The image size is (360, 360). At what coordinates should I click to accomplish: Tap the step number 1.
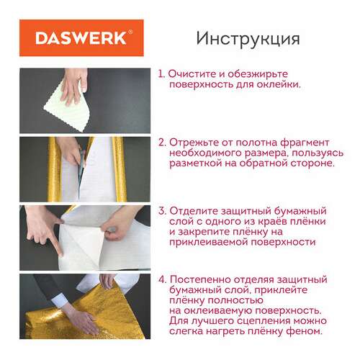click(x=161, y=74)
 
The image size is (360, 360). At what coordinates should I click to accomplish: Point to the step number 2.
click(x=162, y=143)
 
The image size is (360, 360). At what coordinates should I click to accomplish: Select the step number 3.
click(x=162, y=211)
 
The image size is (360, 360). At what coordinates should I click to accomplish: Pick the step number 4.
click(x=162, y=279)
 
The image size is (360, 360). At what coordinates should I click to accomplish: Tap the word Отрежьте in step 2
click(x=197, y=143)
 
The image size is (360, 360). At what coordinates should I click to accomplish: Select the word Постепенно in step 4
click(x=205, y=279)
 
